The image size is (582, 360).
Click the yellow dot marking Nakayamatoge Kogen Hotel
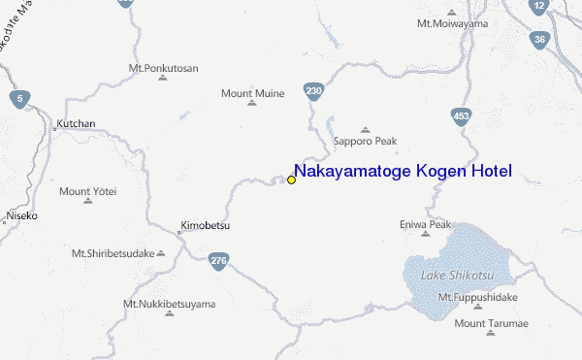pyautogui.click(x=291, y=180)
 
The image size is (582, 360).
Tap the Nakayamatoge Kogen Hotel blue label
pyautogui.click(x=403, y=172)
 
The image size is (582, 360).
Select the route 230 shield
pyautogui.click(x=312, y=91)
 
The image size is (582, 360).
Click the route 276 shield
pyautogui.click(x=218, y=260)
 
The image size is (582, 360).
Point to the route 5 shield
pyautogui.click(x=16, y=98)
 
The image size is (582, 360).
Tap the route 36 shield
pyautogui.click(x=538, y=40)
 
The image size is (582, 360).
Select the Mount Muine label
pyautogui.click(x=252, y=93)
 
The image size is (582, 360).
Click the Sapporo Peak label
pyautogui.click(x=366, y=141)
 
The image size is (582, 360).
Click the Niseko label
pyautogui.click(x=21, y=215)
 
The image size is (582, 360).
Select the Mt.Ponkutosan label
pyautogui.click(x=163, y=68)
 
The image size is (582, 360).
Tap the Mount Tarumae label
pyautogui.click(x=490, y=322)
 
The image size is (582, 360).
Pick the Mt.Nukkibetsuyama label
pyautogui.click(x=169, y=304)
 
